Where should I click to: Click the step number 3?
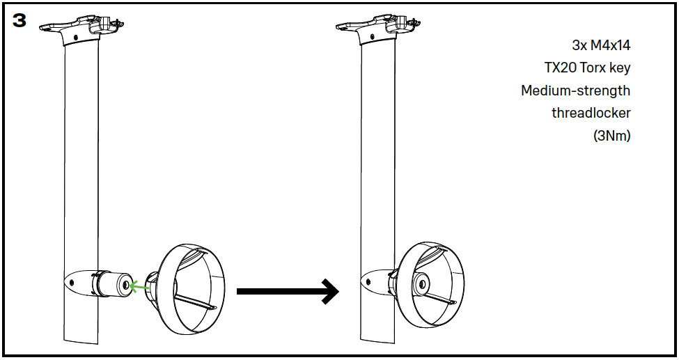click(x=19, y=20)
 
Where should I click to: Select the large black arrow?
click(x=287, y=291)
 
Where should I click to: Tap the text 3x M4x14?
click(x=601, y=45)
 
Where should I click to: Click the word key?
click(x=621, y=68)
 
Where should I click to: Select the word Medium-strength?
click(x=575, y=91)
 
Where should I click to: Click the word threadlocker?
click(x=591, y=113)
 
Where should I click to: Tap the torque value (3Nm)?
click(x=611, y=136)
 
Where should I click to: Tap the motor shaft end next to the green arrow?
click(x=125, y=284)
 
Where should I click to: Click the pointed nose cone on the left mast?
click(x=72, y=281)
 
